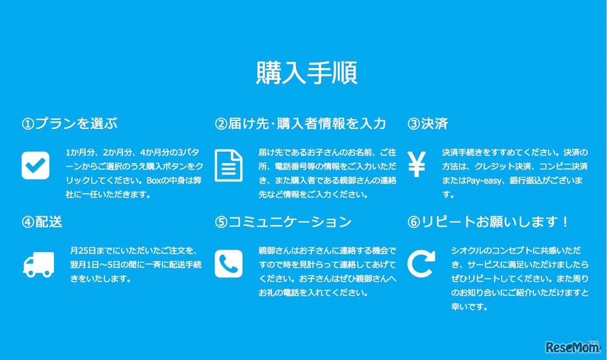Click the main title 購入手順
[x=307, y=73]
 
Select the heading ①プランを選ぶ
[x=70, y=124]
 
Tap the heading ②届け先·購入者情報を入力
[x=300, y=124]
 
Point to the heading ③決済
[x=428, y=124]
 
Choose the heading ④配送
[x=42, y=222]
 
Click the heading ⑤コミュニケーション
[x=283, y=222]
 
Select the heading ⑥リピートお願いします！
[x=488, y=222]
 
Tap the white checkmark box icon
[x=35, y=165]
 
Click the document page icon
[x=228, y=165]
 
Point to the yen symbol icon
[x=417, y=164]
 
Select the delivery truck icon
[x=39, y=264]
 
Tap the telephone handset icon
[x=228, y=264]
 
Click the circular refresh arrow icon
[x=421, y=264]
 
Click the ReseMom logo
[x=571, y=347]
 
